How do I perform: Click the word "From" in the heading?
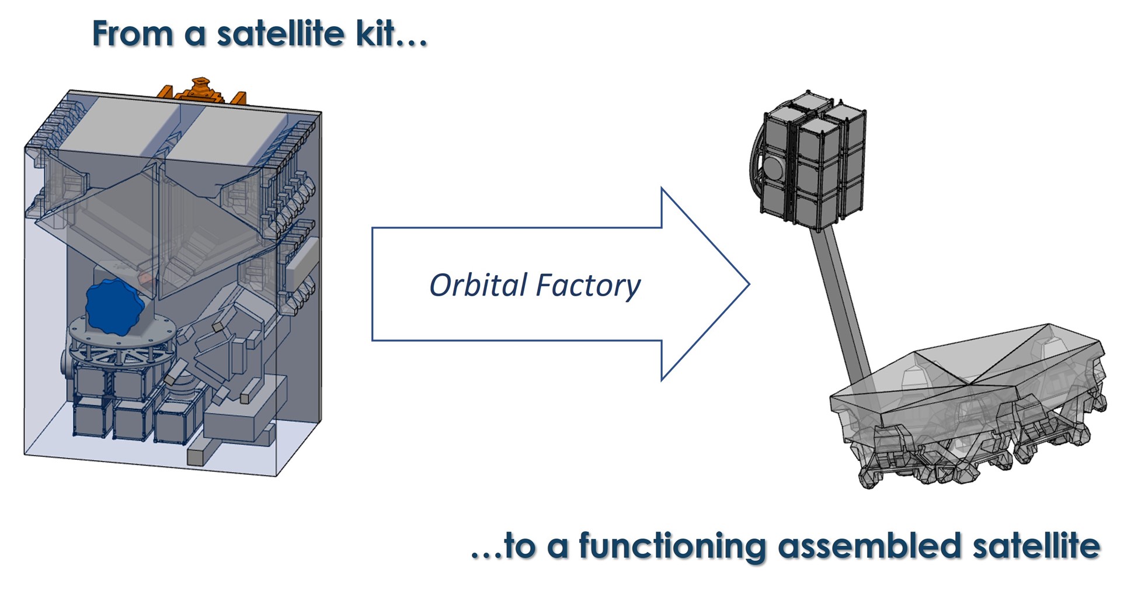tap(133, 34)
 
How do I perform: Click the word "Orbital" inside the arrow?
tap(479, 285)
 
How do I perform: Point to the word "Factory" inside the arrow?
tap(588, 286)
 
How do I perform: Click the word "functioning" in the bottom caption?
tap(672, 547)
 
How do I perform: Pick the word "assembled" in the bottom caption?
tap(869, 546)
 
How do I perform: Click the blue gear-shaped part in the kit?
tap(115, 307)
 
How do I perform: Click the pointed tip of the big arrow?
tap(749, 284)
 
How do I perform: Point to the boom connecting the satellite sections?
tap(841, 304)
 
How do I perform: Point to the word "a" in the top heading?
tap(196, 37)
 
